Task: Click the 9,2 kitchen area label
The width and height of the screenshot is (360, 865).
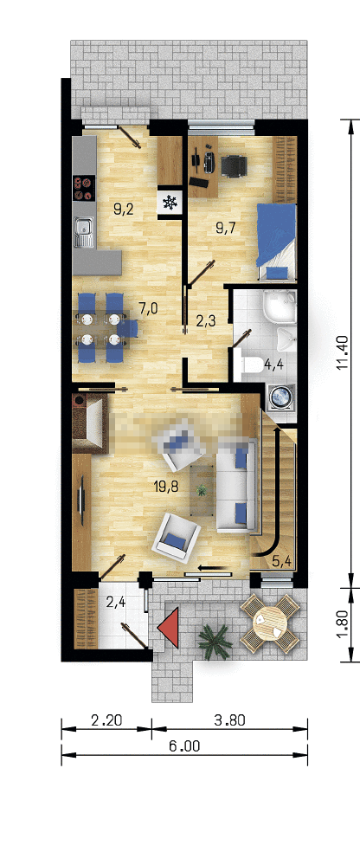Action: pyautogui.click(x=125, y=209)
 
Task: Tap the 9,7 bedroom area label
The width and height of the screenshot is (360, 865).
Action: pyautogui.click(x=226, y=227)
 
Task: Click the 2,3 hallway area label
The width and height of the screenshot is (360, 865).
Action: pyautogui.click(x=206, y=321)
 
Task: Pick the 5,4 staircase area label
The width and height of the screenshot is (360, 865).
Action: pyautogui.click(x=282, y=562)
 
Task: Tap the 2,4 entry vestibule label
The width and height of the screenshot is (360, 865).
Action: pyautogui.click(x=115, y=602)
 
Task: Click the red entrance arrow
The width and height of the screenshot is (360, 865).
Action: pyautogui.click(x=168, y=627)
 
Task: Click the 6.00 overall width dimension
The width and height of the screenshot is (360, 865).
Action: pyautogui.click(x=184, y=747)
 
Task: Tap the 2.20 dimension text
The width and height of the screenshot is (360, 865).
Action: pyautogui.click(x=106, y=720)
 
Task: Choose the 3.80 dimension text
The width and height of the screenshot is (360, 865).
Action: pyautogui.click(x=228, y=720)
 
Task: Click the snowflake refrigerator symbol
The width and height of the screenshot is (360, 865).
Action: pyautogui.click(x=170, y=203)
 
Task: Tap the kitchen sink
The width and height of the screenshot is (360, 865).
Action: pyautogui.click(x=84, y=230)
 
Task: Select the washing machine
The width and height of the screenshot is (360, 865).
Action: pyautogui.click(x=280, y=397)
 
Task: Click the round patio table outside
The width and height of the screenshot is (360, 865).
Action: pyautogui.click(x=270, y=623)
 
